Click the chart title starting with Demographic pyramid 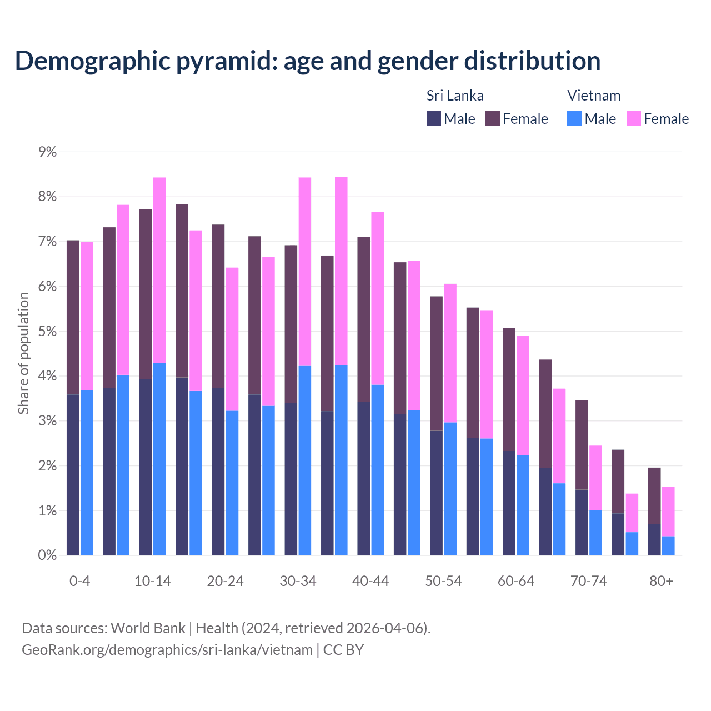point(307,61)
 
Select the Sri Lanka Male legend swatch point(434,118)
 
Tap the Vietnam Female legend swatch point(633,118)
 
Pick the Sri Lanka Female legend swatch point(493,118)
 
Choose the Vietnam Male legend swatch point(574,118)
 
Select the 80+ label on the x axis point(661,581)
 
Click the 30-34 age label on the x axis point(298,581)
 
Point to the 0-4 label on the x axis point(79,581)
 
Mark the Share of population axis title point(23,353)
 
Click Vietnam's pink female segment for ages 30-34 point(305,272)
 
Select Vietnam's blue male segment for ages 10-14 point(159,459)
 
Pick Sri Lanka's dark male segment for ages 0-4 point(73,474)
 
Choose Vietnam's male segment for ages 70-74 point(595,533)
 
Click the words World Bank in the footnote point(148,628)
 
